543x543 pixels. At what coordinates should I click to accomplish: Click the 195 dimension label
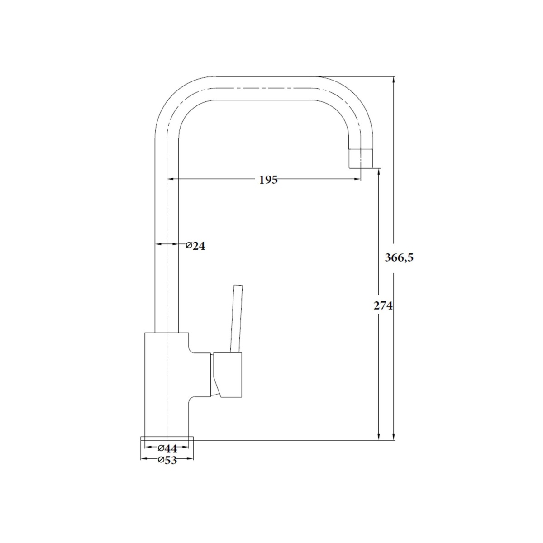pyautogui.click(x=268, y=180)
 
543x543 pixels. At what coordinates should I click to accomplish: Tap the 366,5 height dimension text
pyautogui.click(x=399, y=258)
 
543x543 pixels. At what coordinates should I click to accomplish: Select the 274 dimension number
pyautogui.click(x=383, y=305)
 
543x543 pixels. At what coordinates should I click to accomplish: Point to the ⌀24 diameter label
pyautogui.click(x=195, y=246)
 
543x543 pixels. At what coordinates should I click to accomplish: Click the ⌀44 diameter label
pyautogui.click(x=167, y=448)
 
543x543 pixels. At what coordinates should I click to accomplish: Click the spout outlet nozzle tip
pyautogui.click(x=361, y=159)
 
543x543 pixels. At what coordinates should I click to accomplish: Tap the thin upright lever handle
pyautogui.click(x=236, y=319)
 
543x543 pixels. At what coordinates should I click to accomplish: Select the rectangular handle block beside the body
pyautogui.click(x=228, y=375)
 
